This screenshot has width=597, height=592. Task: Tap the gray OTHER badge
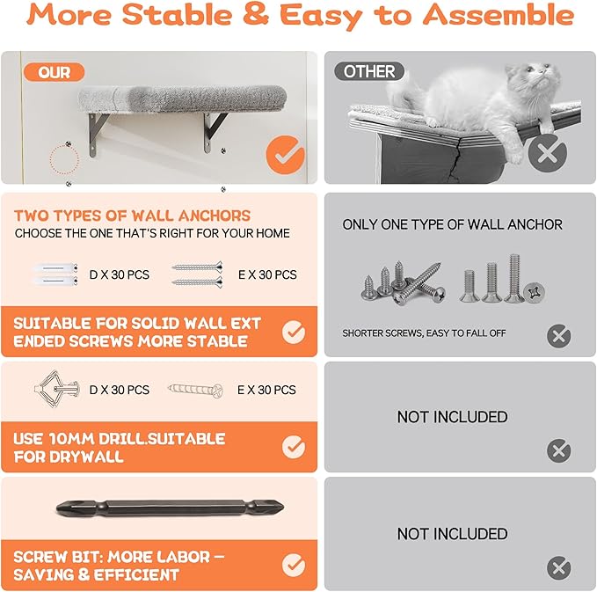click(x=369, y=71)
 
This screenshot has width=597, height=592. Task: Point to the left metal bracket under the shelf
click(x=98, y=132)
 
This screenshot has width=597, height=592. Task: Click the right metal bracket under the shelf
click(x=213, y=130)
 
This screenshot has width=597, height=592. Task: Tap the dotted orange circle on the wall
click(x=63, y=160)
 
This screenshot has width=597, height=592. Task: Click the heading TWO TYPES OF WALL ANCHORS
click(x=132, y=216)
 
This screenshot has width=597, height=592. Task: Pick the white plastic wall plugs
click(x=51, y=274)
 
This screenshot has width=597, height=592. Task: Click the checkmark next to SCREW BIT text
click(x=294, y=566)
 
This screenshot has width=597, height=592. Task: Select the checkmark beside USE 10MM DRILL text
click(x=294, y=448)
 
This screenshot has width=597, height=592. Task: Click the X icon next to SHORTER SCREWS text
click(x=558, y=334)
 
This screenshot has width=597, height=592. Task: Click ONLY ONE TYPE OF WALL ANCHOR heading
click(x=452, y=225)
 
